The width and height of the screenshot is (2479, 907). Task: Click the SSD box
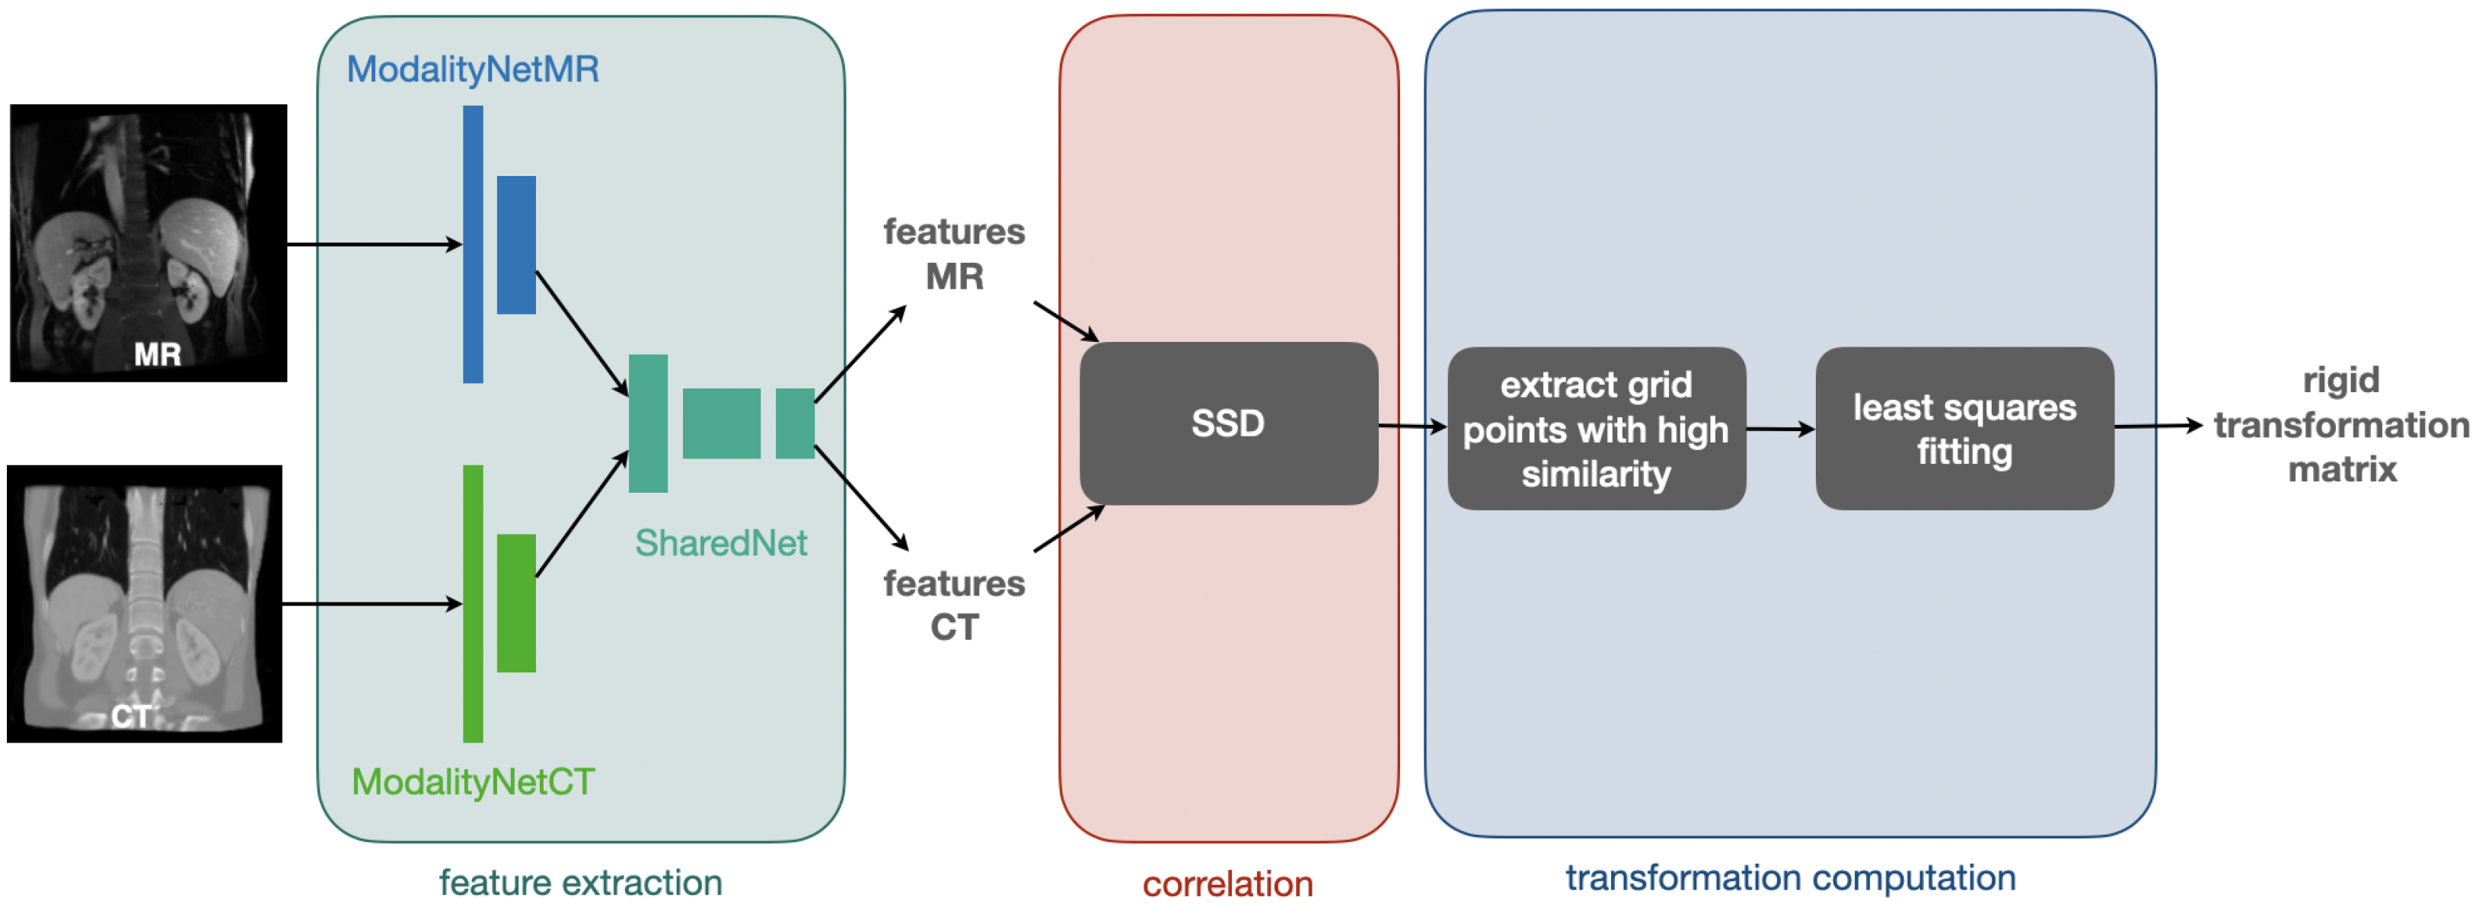click(x=1228, y=423)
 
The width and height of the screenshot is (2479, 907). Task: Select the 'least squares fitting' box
click(x=1964, y=429)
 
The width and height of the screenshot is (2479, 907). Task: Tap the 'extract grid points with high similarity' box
click(x=1596, y=429)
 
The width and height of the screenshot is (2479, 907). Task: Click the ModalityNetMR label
click(x=473, y=69)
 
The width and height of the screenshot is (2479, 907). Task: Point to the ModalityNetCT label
click(x=473, y=781)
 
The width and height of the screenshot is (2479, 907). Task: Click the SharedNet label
click(x=719, y=543)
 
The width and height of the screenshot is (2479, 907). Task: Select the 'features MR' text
click(x=954, y=254)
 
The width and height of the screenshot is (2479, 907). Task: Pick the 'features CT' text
click(x=954, y=605)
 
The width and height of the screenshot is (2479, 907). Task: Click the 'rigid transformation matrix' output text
click(x=2340, y=425)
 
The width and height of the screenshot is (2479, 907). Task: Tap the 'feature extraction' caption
click(x=580, y=882)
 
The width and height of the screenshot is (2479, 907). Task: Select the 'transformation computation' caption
click(x=1790, y=877)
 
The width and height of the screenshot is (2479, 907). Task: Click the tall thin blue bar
click(x=473, y=244)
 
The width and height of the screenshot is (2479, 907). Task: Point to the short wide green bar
click(x=515, y=602)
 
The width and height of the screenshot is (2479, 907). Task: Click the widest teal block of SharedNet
click(x=721, y=423)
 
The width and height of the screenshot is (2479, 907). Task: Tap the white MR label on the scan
click(x=157, y=354)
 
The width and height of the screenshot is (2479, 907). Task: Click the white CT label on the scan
click(x=130, y=717)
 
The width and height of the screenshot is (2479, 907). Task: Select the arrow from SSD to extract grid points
click(x=1412, y=426)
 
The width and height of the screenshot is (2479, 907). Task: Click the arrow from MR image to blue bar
click(x=375, y=244)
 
